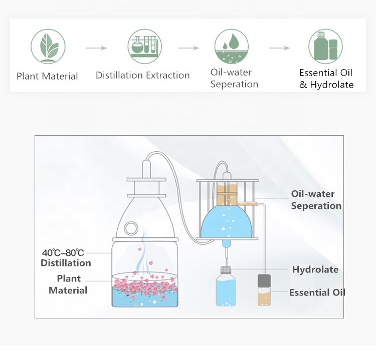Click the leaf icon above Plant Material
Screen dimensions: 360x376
click(x=48, y=47)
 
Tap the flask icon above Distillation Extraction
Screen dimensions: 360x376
click(x=144, y=46)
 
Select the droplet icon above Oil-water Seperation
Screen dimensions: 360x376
click(x=231, y=47)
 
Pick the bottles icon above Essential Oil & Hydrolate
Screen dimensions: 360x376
click(x=325, y=47)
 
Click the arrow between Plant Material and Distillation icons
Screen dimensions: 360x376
click(x=96, y=48)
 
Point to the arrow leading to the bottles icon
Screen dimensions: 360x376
click(x=279, y=48)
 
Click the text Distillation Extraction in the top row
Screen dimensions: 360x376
click(x=142, y=76)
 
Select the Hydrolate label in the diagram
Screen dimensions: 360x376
click(x=315, y=269)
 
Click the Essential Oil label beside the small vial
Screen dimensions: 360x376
click(x=317, y=292)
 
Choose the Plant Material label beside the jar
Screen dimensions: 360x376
click(x=68, y=284)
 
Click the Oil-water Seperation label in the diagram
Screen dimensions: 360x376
click(x=316, y=200)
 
